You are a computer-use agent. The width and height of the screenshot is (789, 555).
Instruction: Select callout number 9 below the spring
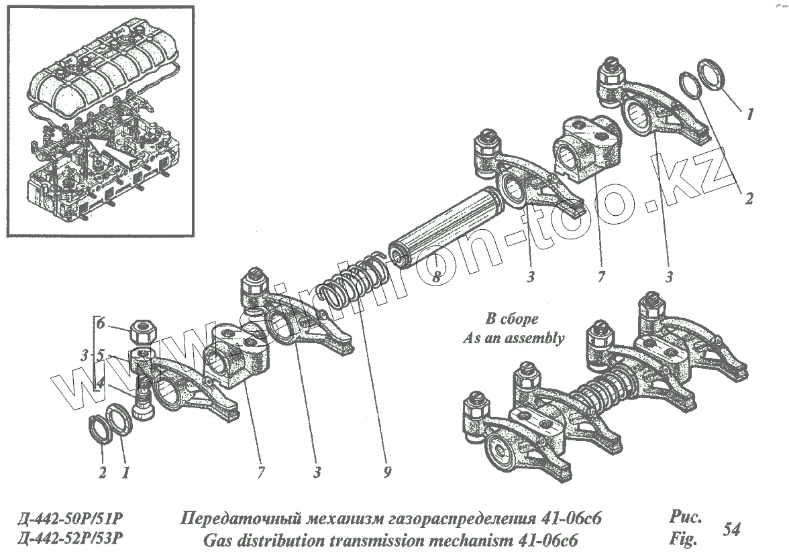387,473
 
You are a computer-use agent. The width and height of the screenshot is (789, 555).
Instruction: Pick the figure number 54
731,529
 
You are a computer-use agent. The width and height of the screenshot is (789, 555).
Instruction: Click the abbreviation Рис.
684,517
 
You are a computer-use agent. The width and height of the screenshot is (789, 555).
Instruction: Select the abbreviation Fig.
682,538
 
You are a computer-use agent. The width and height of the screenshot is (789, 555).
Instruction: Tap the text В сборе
512,318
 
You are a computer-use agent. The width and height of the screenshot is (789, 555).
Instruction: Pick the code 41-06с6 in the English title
544,539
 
